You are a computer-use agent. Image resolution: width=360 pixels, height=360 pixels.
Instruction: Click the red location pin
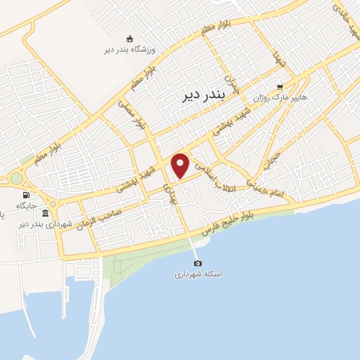tap(181, 164)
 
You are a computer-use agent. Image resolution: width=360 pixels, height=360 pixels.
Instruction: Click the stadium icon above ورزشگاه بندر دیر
tap(129, 39)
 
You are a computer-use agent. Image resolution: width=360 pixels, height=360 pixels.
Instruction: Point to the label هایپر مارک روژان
tap(300, 98)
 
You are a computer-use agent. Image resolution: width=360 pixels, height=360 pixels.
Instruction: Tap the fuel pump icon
tap(26, 195)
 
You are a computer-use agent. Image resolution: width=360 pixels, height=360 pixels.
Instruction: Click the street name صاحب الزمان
tap(101, 218)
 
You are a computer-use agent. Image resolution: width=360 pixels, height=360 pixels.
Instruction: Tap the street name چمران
tap(233, 84)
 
